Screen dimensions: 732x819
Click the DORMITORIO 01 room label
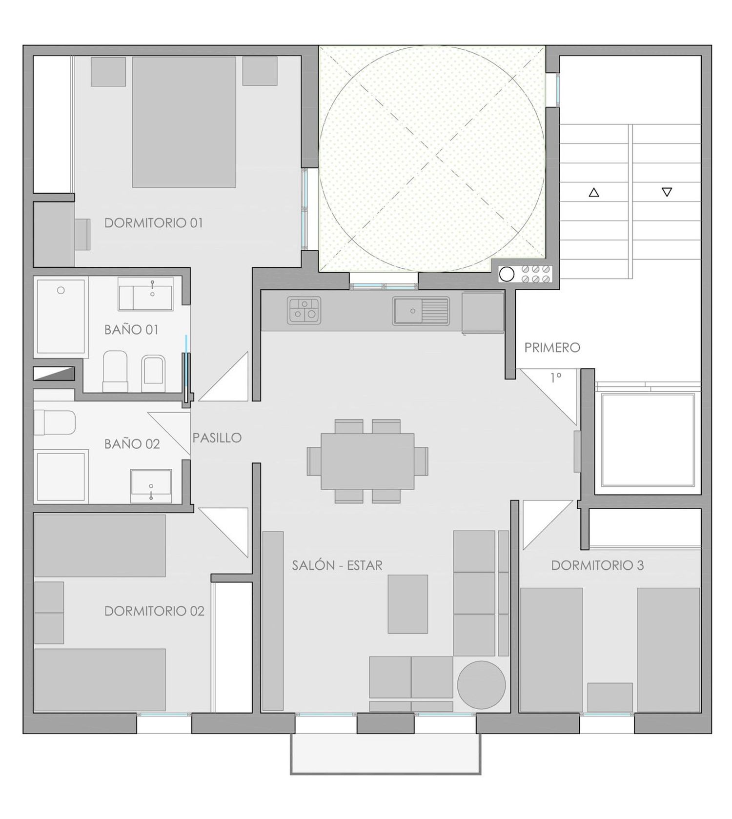pos(154,223)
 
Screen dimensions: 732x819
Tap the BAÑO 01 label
pos(131,329)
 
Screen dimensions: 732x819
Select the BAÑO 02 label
pos(132,444)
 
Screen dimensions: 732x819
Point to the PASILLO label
pos(217,438)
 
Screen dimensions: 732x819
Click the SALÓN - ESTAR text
pos(337,565)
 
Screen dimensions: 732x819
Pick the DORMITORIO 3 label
pos(597,565)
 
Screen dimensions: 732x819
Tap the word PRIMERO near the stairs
pos(552,347)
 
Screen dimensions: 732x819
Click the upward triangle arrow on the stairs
pos(593,192)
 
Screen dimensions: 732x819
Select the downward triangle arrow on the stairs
pos(667,192)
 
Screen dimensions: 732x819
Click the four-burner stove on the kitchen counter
pos(305,311)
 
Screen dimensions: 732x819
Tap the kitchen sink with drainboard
pos(421,311)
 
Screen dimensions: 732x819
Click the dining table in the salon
pos(367,461)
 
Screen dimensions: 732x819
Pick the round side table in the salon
pos(481,685)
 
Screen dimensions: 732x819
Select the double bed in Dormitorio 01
pos(184,122)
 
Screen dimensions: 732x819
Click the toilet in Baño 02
pos(55,422)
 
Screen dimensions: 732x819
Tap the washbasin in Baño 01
pos(145,294)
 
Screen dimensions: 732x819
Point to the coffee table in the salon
pos(407,604)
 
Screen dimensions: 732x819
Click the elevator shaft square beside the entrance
pos(648,439)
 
